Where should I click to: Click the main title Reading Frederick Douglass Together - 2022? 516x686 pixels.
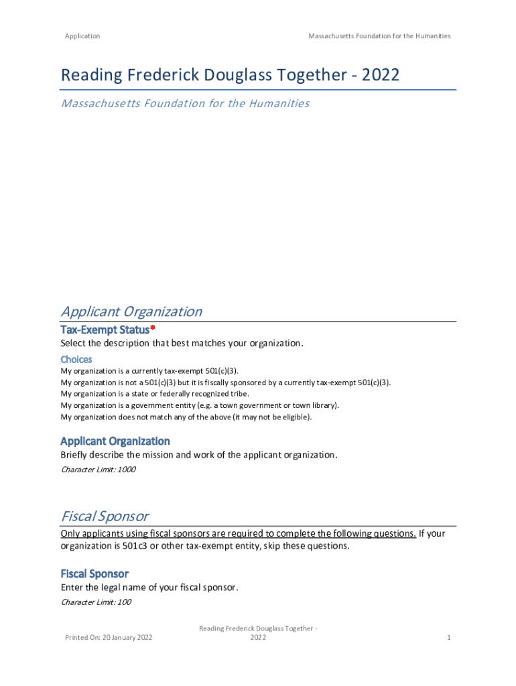click(x=230, y=75)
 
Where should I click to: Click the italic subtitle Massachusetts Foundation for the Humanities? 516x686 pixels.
click(x=185, y=103)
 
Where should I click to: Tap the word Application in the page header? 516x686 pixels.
click(x=82, y=36)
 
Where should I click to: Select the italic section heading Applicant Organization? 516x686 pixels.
click(x=131, y=312)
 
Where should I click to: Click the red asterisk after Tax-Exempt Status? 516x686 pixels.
click(x=153, y=328)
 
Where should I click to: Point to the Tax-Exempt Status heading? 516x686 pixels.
click(x=105, y=330)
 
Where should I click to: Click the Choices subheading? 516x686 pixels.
click(x=76, y=360)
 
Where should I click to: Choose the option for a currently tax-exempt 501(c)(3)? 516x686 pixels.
click(x=149, y=371)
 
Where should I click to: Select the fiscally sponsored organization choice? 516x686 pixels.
click(x=225, y=383)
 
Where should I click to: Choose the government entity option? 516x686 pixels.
click(x=200, y=405)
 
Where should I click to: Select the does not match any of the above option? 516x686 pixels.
click(x=186, y=417)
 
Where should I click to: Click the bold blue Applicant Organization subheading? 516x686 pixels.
click(x=115, y=441)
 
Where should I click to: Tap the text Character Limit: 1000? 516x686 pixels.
click(x=98, y=470)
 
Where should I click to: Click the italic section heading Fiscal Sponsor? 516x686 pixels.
click(x=105, y=517)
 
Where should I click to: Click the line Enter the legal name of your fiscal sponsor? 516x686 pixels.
click(x=149, y=588)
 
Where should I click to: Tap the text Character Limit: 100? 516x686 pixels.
click(x=96, y=602)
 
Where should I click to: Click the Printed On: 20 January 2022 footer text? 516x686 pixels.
click(x=109, y=637)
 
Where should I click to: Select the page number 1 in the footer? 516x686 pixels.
click(x=449, y=637)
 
